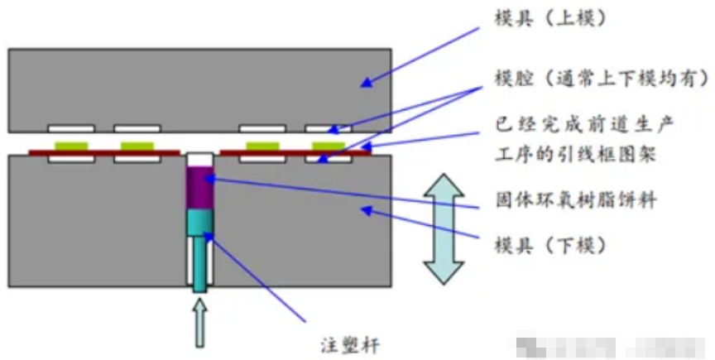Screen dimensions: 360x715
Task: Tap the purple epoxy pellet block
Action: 201,186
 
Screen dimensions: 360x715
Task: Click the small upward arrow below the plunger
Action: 201,324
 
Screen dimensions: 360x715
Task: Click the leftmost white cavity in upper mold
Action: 70,129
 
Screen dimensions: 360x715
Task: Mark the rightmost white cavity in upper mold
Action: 328,129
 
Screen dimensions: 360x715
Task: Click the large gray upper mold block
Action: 199,87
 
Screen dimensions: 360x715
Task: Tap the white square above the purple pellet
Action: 201,157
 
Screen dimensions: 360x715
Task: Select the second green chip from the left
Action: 137,146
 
